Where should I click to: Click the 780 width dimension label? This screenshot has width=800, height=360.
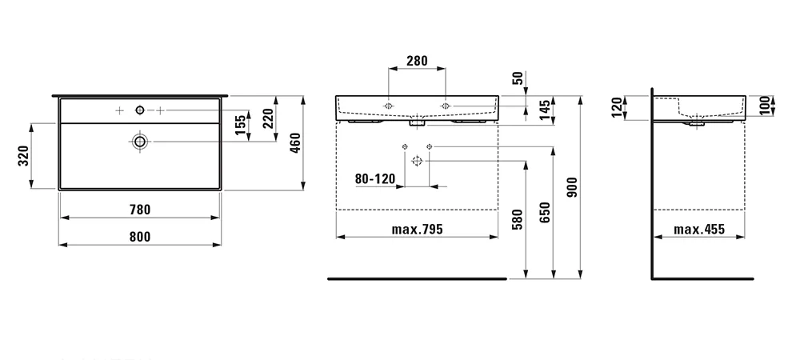tap(140, 210)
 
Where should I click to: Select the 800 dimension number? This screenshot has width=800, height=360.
tap(140, 237)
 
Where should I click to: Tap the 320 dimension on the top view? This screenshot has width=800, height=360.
tap(23, 156)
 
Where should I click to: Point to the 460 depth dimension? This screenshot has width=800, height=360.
tap(294, 142)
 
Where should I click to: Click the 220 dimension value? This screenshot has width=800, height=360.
tap(268, 118)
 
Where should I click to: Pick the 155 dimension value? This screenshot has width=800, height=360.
tap(241, 126)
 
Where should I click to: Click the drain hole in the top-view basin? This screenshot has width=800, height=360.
tap(139, 142)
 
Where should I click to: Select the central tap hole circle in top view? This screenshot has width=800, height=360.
tap(139, 110)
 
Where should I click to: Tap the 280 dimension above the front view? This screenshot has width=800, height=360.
tap(417, 61)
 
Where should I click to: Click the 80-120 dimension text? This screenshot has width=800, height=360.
tap(375, 179)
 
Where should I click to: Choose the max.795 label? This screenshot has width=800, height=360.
tap(418, 230)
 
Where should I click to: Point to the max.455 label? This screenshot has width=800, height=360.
tap(699, 230)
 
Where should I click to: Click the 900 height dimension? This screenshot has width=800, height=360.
tap(573, 187)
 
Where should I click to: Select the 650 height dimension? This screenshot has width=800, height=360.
tap(545, 212)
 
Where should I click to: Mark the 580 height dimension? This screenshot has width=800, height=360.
tap(518, 219)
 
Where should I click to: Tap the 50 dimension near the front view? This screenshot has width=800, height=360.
tap(517, 78)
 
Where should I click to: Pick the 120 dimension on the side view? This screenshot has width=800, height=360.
tap(616, 107)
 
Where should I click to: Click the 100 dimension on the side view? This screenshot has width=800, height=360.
tap(763, 106)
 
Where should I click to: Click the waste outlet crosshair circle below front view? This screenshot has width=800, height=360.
tap(418, 161)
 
